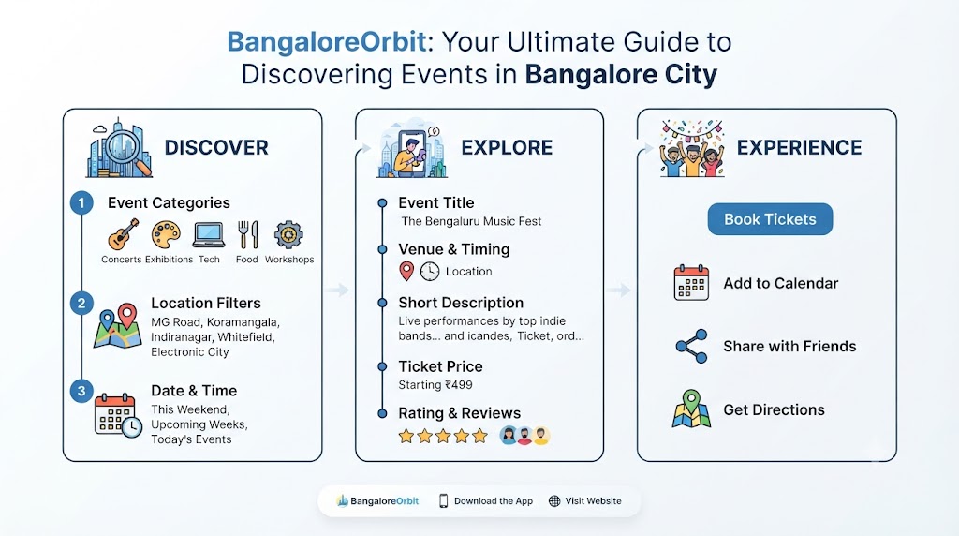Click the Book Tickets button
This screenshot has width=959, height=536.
point(770,219)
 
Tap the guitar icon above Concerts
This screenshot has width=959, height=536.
point(123,233)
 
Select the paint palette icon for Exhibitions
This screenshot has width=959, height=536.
point(167,234)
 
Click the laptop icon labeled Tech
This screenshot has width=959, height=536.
point(209,235)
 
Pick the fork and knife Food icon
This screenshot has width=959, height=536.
point(247,234)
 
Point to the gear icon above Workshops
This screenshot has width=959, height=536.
point(288,234)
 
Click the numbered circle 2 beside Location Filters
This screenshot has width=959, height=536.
point(81,303)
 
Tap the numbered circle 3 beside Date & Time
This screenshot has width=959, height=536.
point(81,391)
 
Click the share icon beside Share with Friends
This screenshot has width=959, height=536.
point(692,347)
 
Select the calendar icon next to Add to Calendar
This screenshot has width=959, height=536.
point(691,283)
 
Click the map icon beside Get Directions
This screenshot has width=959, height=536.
point(691,409)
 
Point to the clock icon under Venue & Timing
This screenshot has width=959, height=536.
point(430,271)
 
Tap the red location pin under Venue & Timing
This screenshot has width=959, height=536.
point(406,271)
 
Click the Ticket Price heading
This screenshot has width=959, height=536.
point(440,366)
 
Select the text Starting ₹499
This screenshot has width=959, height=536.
point(435,385)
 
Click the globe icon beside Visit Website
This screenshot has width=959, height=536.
point(554,501)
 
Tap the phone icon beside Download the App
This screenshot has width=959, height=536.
point(443,501)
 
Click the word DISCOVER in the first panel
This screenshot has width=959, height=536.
point(216,147)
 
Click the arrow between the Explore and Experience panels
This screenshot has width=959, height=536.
point(620,290)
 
